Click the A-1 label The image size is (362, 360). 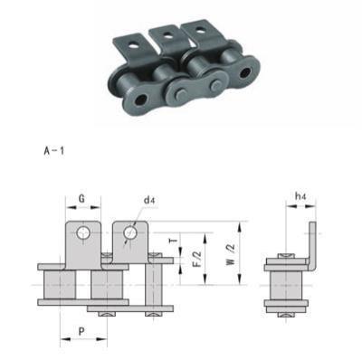pyautogui.click(x=54, y=151)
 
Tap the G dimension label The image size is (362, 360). pyautogui.click(x=81, y=199)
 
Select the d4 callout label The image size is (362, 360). pyautogui.click(x=149, y=200)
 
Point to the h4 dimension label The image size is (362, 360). pyautogui.click(x=300, y=196)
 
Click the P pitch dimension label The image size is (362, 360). pyautogui.click(x=81, y=332)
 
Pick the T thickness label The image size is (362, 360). pyautogui.click(x=173, y=241)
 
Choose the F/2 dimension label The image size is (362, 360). pyautogui.click(x=196, y=259)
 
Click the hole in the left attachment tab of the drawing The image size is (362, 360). pyautogui.click(x=82, y=233)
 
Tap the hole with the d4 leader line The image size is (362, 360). pyautogui.click(x=130, y=232)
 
